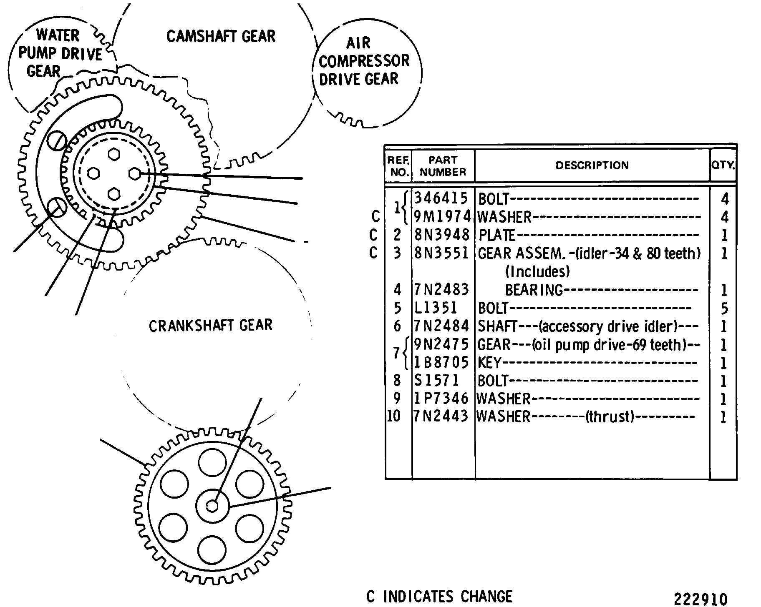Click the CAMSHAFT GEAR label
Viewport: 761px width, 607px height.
[221, 36]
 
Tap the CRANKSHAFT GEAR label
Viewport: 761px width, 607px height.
[210, 325]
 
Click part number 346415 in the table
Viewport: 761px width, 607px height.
[441, 198]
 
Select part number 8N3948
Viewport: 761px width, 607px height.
[442, 235]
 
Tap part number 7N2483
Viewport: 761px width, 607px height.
[442, 289]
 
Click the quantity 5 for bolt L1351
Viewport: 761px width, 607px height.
[724, 309]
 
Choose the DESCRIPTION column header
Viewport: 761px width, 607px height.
[592, 166]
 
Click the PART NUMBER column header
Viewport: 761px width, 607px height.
[443, 166]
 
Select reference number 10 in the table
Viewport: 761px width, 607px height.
[394, 416]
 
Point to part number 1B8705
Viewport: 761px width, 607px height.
[442, 362]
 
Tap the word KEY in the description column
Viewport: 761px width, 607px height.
[489, 363]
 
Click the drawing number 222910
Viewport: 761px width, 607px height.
[701, 599]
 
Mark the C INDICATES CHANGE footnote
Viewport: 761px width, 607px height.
[439, 597]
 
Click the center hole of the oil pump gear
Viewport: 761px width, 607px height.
[212, 506]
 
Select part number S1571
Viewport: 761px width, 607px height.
[437, 380]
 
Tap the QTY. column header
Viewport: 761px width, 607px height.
[723, 165]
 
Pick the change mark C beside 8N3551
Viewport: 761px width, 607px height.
[373, 253]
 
